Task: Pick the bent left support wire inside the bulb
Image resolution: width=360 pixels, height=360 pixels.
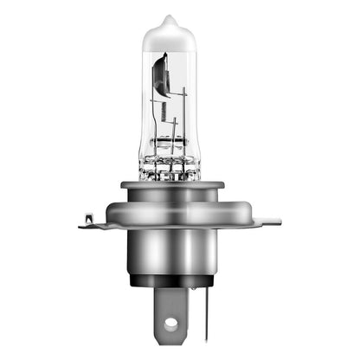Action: [x=152, y=130]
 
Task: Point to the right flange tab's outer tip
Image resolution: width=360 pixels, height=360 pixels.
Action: [x=277, y=221]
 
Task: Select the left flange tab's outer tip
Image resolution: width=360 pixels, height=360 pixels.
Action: [x=80, y=227]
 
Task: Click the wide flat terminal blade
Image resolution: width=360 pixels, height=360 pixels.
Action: [x=170, y=312]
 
